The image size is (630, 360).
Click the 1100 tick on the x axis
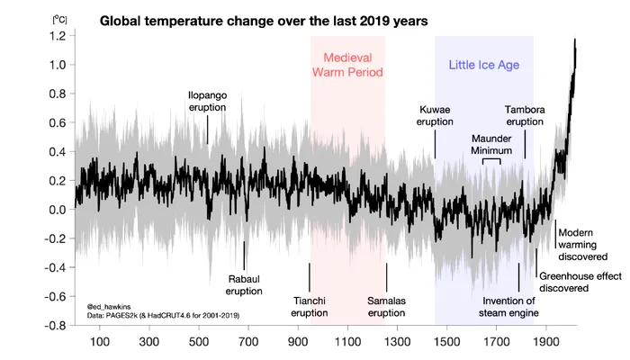348,342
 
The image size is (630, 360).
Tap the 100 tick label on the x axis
100,342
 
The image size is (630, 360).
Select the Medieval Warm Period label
347,64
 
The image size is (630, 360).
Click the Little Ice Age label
484,65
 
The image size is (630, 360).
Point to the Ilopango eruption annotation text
207,101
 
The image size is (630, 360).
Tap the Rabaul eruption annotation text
244,285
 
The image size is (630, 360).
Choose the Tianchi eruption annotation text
310,307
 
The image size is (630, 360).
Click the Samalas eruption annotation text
387,307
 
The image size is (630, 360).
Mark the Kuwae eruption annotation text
436,116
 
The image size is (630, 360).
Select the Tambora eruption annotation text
525,116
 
